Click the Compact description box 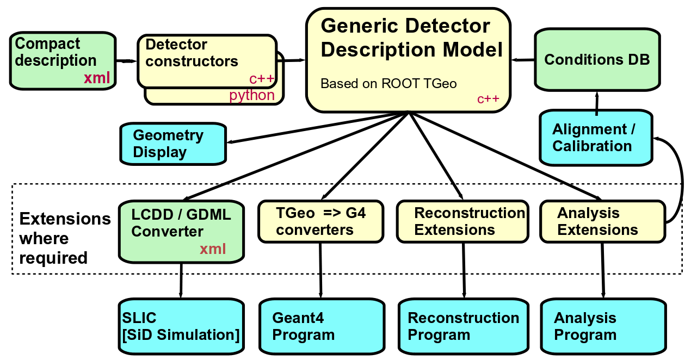tap(63, 60)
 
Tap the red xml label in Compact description tap(97, 78)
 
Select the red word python tap(252, 96)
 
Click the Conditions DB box tap(597, 59)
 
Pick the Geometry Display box tap(173, 144)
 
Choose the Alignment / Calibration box tap(596, 138)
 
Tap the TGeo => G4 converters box tap(320, 221)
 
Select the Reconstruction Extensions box tap(462, 221)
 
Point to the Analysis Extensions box tap(602, 221)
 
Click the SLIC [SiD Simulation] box tap(181, 326)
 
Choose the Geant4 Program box tap(320, 326)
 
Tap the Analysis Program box tap(603, 326)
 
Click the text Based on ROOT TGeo tap(388, 84)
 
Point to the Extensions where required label tap(64, 238)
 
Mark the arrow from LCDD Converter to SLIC tap(180, 280)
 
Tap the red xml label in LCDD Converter tap(212, 249)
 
